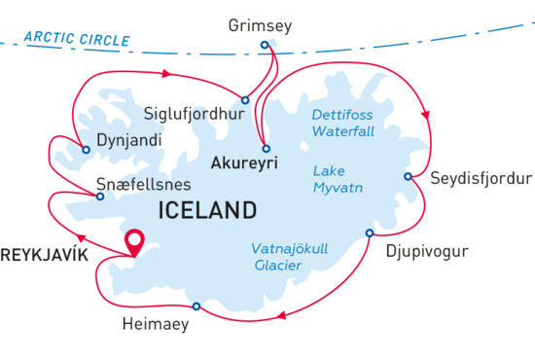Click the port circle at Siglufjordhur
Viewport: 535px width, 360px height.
tap(245, 99)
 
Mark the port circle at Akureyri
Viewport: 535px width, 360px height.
tap(266, 148)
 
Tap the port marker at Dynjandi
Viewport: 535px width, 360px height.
tap(87, 150)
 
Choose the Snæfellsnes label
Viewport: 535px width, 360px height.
tap(150, 183)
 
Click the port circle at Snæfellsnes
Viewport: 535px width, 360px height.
tap(99, 196)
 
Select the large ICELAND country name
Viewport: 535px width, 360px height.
tap(206, 210)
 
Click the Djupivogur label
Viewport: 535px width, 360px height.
tap(427, 253)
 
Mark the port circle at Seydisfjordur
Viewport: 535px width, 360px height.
tap(409, 176)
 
